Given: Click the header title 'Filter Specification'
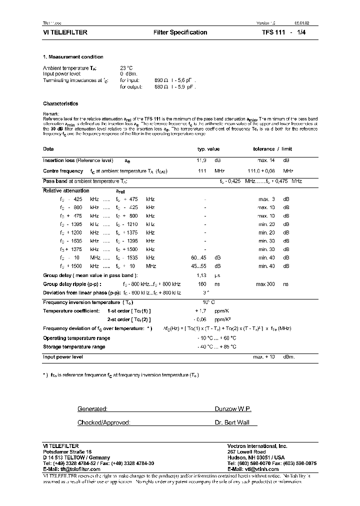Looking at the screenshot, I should click(180, 32).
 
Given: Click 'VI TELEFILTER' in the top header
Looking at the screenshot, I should click(65, 32).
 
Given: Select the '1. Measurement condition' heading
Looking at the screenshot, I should click(73, 57).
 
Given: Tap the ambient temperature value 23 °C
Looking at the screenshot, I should click(126, 67).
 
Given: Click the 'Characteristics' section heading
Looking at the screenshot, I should click(60, 103).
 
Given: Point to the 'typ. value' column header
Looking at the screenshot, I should click(208, 149).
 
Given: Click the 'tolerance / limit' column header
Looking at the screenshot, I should click(272, 149).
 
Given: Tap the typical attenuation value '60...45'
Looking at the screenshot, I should click(199, 257).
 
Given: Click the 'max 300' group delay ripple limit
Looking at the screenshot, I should click(266, 284).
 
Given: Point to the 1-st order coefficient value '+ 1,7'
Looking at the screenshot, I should click(201, 310).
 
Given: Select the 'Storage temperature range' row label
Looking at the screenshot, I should click(74, 346).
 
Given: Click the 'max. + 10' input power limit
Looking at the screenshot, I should click(264, 356).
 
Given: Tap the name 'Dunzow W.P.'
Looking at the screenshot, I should click(232, 409).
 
